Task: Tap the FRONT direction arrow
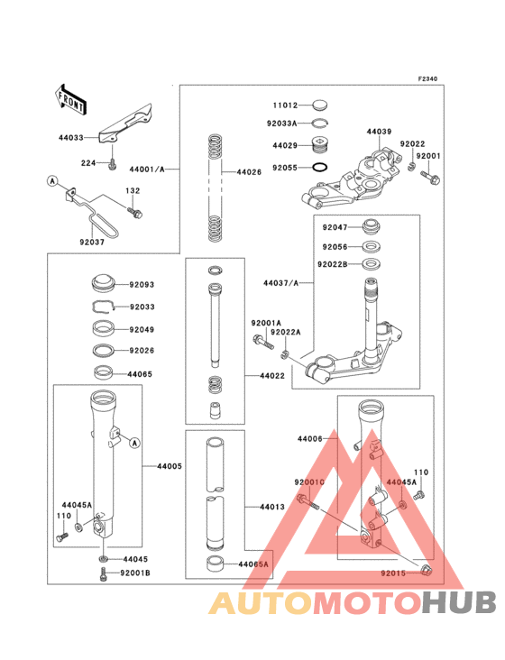coord(71,97)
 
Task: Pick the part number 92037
coord(91,242)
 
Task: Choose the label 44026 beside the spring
coord(249,171)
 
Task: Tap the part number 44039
coord(379,132)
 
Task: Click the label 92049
coord(142,329)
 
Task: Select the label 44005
coord(170,466)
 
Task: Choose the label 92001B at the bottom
coord(135,573)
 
